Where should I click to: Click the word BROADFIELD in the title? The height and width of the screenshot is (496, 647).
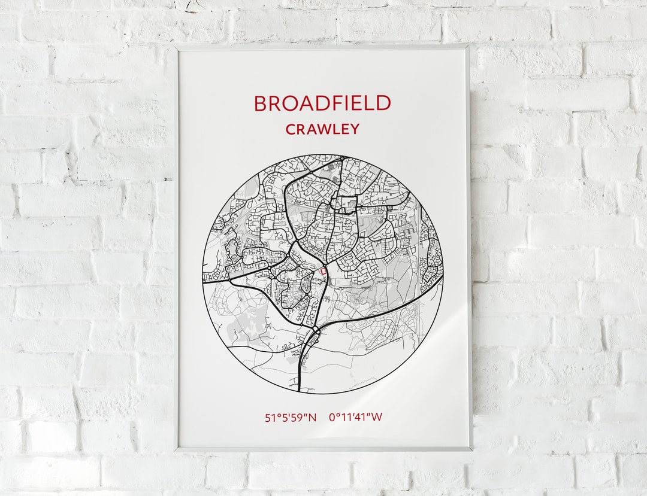(322, 104)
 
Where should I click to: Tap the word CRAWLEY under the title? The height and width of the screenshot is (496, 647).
(322, 129)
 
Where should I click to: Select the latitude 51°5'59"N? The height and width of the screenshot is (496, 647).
(291, 418)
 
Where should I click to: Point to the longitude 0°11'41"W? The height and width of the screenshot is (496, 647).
(355, 418)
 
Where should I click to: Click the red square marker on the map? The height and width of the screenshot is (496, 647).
(324, 272)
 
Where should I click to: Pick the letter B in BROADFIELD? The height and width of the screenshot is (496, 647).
(259, 104)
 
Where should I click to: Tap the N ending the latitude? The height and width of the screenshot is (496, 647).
(312, 418)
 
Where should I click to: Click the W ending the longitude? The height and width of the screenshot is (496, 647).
(376, 418)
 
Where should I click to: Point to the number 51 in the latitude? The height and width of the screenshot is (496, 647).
(270, 418)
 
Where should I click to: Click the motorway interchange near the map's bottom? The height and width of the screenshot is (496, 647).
(315, 331)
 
